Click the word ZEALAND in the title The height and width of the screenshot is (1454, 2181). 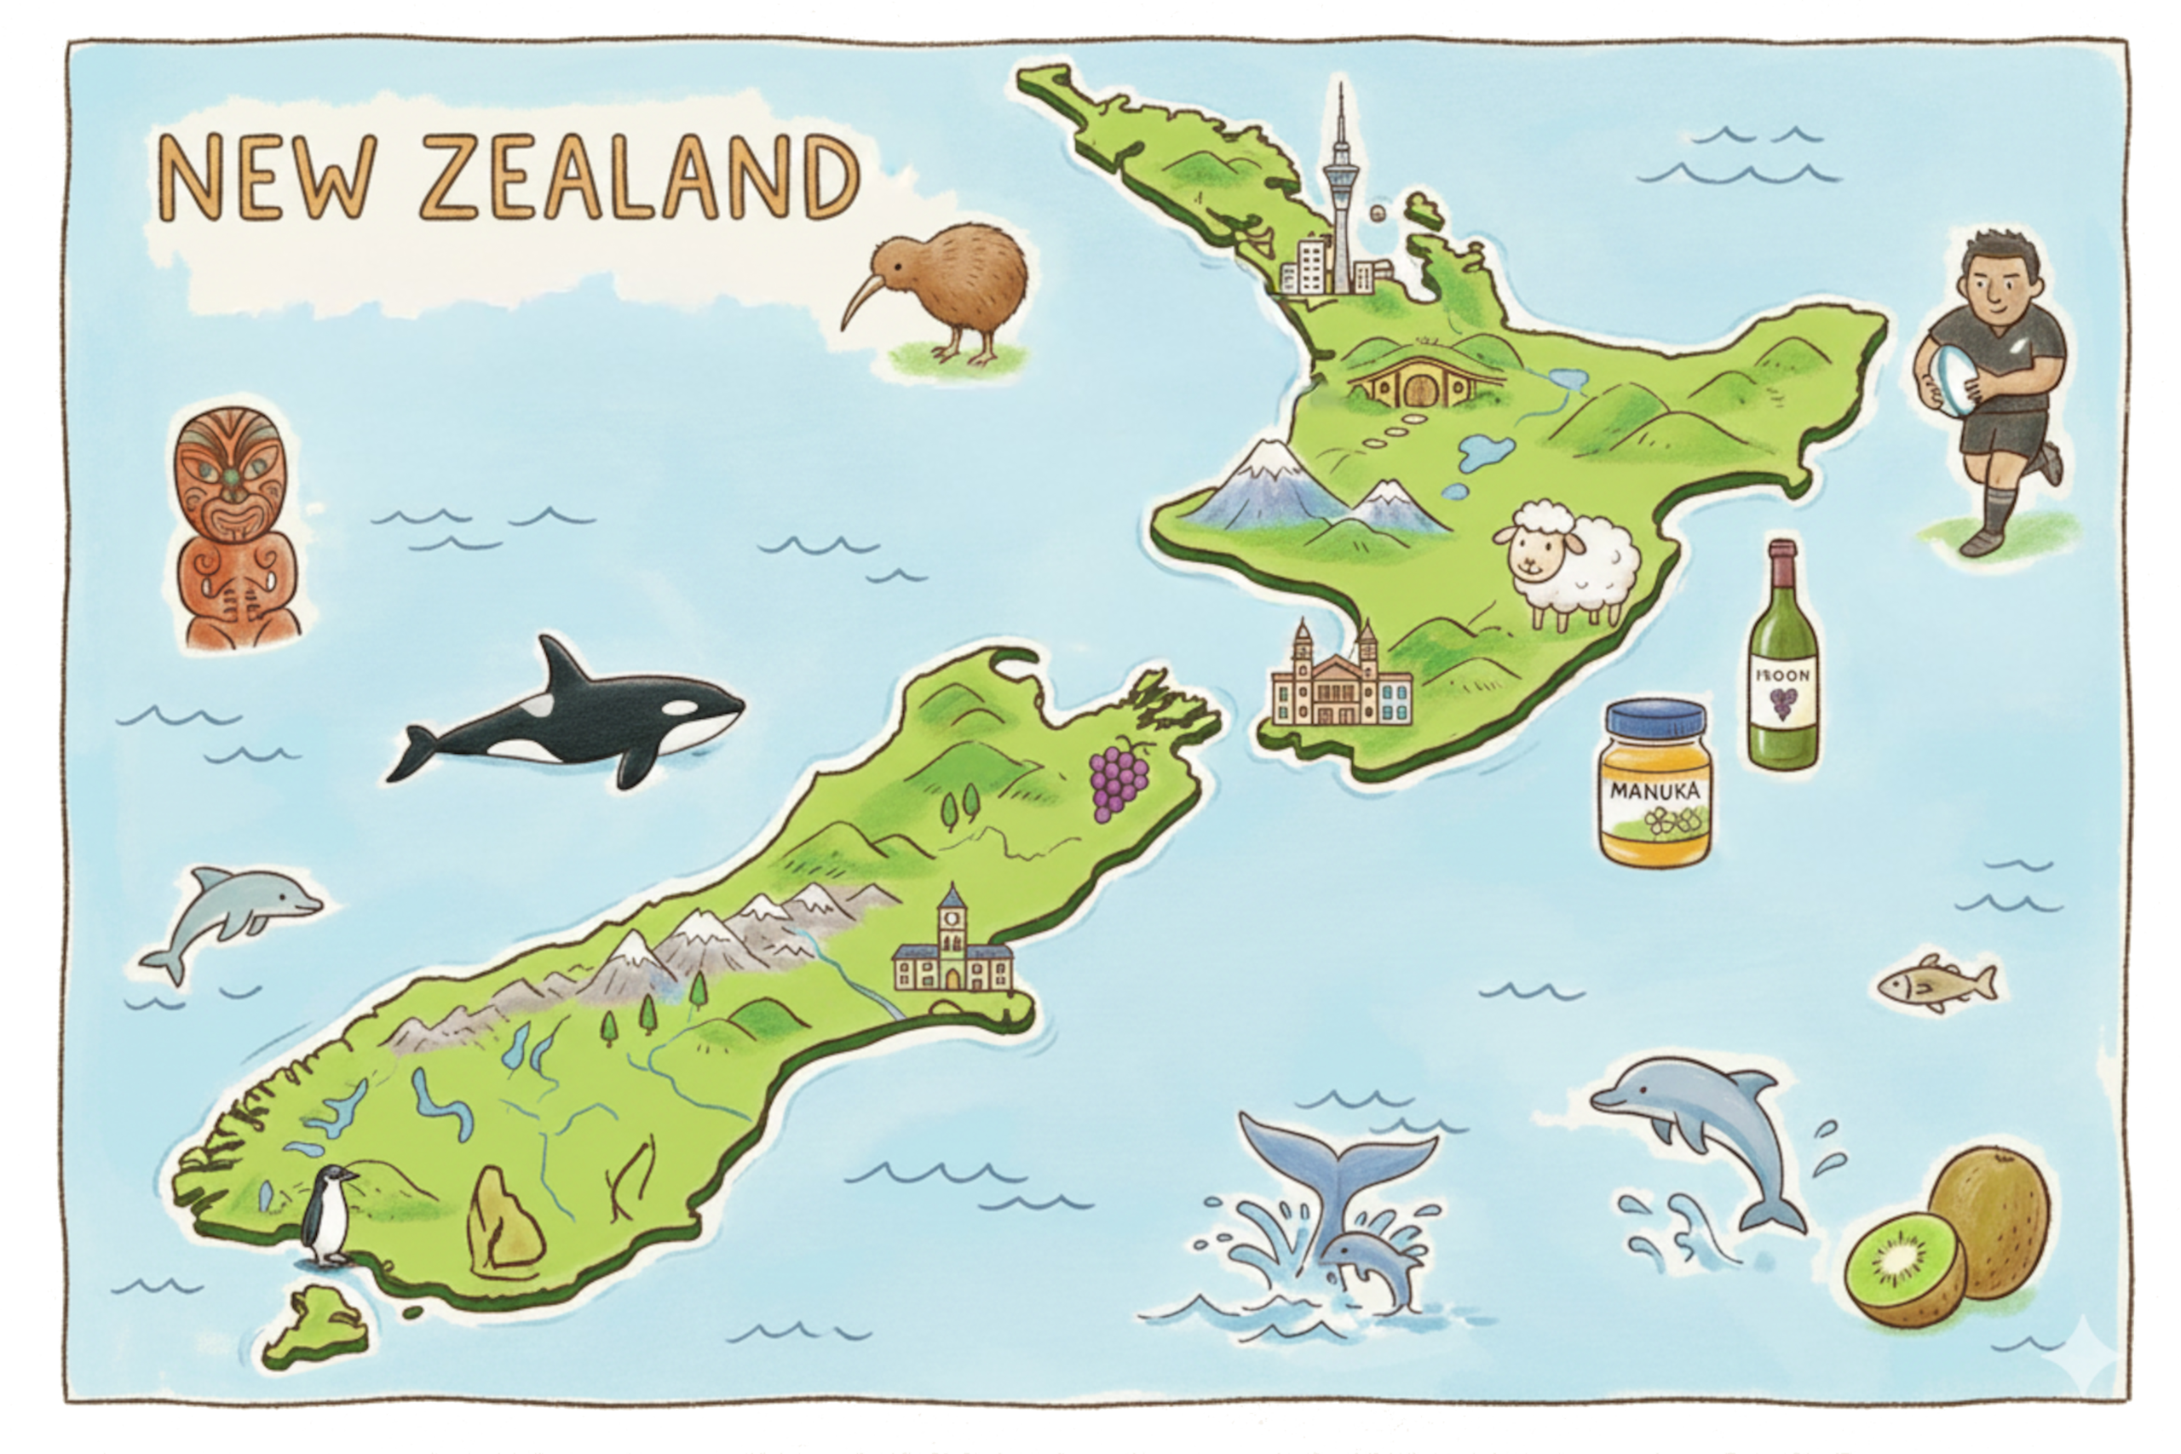(x=640, y=178)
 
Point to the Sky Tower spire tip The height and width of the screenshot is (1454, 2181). (x=1340, y=88)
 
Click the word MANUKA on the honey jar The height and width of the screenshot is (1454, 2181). (x=1655, y=791)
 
